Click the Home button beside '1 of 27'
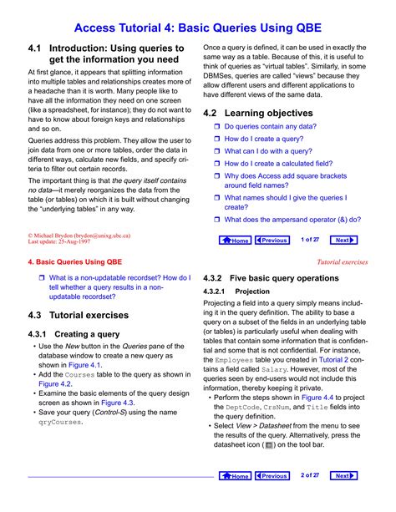[x=236, y=240]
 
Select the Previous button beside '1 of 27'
[x=272, y=240]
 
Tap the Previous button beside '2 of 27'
[x=272, y=476]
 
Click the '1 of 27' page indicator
[x=310, y=240]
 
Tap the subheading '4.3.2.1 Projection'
[x=236, y=291]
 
